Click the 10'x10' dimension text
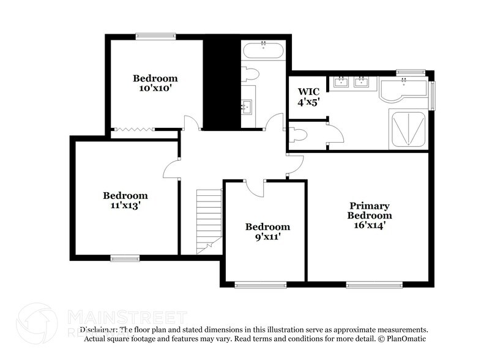click(x=155, y=88)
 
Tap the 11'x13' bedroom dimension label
click(x=125, y=206)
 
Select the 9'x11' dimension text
click(x=267, y=236)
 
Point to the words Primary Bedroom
click(x=369, y=211)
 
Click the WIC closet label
click(x=309, y=92)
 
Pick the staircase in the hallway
click(x=209, y=220)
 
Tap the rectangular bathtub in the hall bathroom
click(x=263, y=50)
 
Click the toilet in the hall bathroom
click(x=251, y=74)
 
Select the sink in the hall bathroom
click(x=247, y=108)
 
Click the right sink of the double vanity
click(x=362, y=82)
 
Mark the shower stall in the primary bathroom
click(x=407, y=129)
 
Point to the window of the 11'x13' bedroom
click(x=125, y=258)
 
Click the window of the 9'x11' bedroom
click(x=260, y=284)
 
